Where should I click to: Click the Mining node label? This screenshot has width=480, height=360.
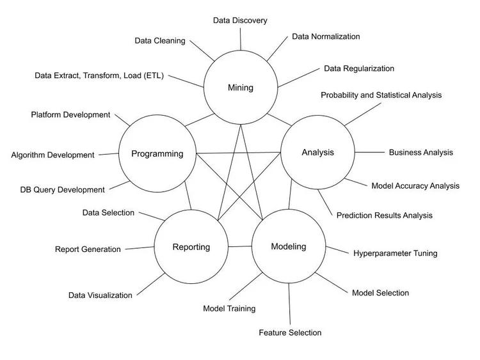tap(241, 88)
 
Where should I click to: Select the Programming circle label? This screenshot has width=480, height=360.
tap(157, 153)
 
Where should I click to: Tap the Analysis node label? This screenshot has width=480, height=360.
tap(318, 152)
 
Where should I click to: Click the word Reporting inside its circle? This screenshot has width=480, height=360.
tap(191, 247)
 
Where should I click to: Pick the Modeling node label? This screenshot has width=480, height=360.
tap(289, 246)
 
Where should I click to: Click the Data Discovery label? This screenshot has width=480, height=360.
tap(240, 20)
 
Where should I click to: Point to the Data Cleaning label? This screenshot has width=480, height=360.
tap(160, 41)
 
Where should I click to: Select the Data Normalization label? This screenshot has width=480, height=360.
tap(326, 36)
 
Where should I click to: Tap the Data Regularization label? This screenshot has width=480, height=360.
tap(359, 68)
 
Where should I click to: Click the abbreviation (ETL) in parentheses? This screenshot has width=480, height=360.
tap(152, 75)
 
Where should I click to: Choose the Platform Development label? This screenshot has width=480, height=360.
tap(70, 115)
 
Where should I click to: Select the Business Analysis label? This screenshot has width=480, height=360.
tap(420, 152)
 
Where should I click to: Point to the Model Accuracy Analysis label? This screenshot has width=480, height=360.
tap(415, 186)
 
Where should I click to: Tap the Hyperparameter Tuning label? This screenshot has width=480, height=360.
tap(395, 253)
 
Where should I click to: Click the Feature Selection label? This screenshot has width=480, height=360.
tap(290, 333)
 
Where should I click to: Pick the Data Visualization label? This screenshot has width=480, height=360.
tap(100, 295)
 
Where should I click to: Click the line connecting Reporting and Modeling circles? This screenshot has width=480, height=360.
tap(240, 246)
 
